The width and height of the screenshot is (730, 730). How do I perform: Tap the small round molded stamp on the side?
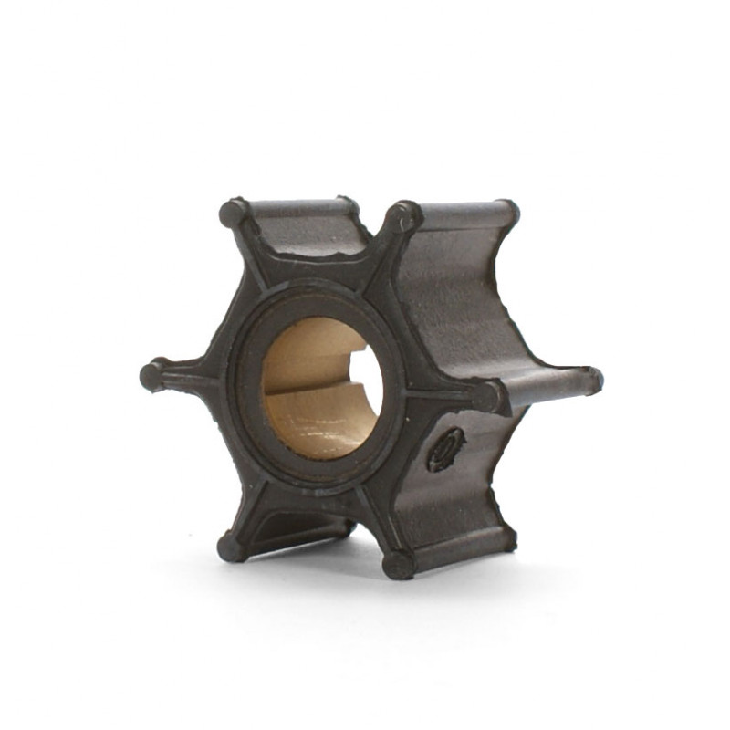(446, 449)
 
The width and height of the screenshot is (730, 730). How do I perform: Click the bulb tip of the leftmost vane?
(151, 375)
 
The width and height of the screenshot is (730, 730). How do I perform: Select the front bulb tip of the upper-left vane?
(234, 214)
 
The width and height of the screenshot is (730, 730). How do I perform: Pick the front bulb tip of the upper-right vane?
(401, 217)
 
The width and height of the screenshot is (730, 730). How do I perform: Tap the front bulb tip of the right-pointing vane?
(487, 397)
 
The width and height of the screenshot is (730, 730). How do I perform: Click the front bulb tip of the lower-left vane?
(230, 547)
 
